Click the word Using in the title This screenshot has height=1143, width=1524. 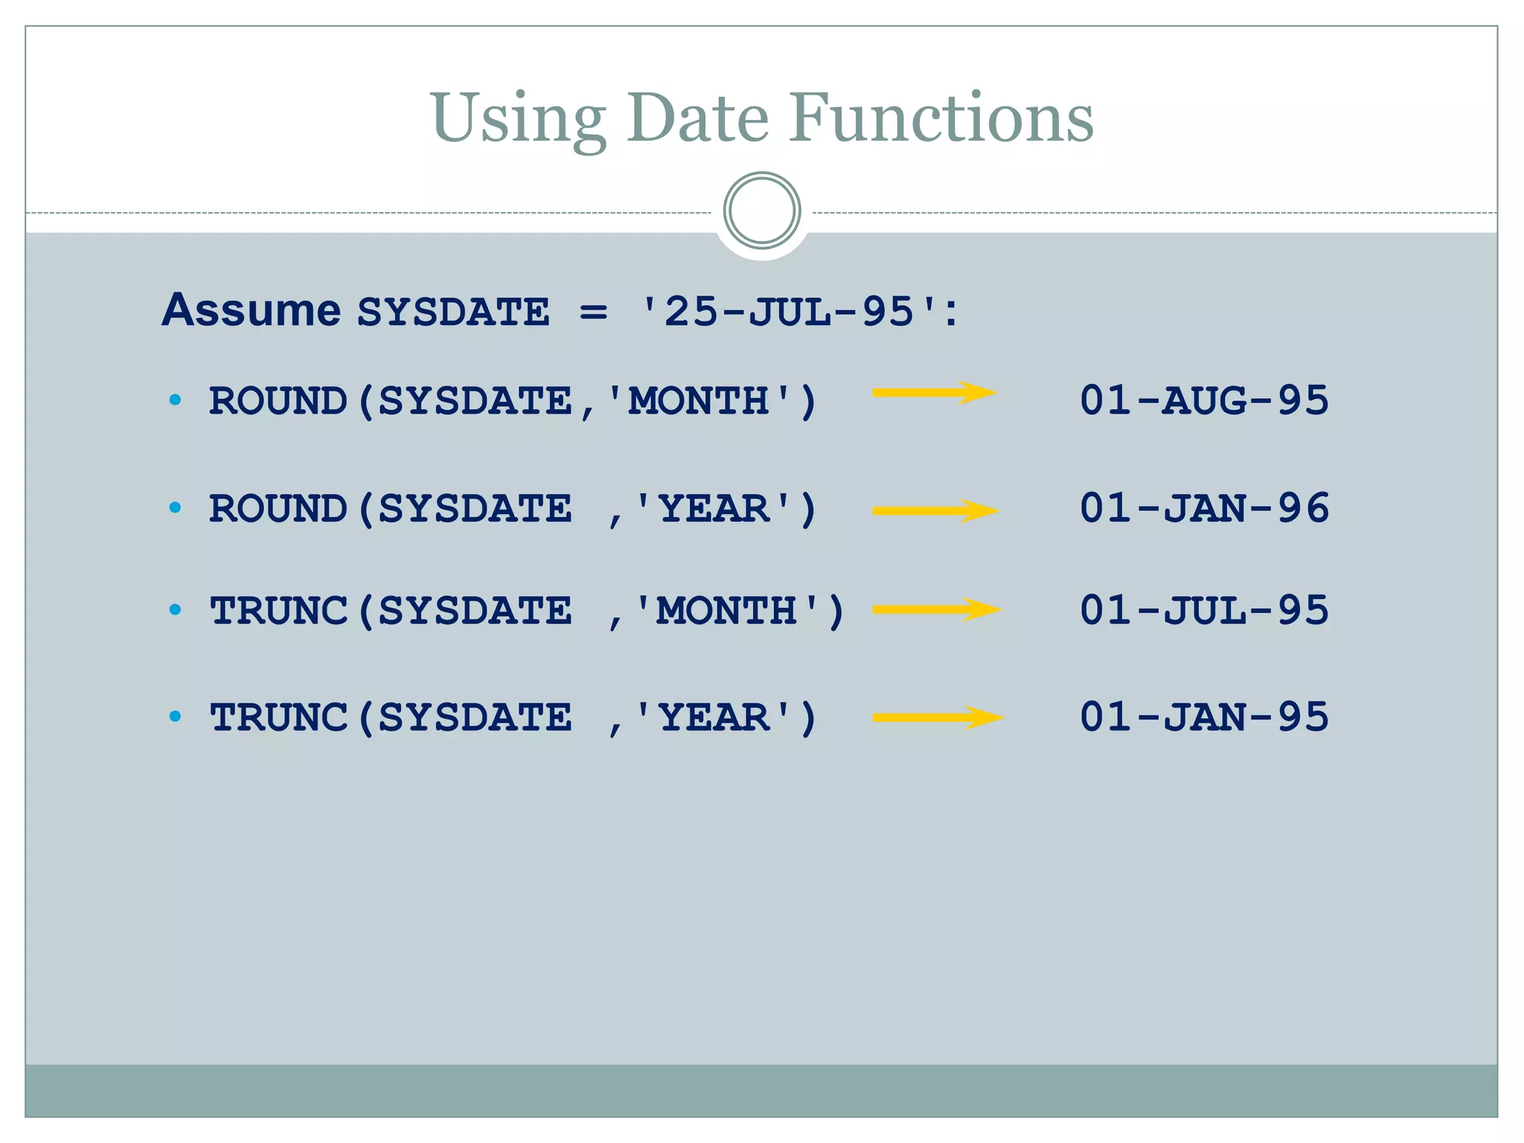[x=518, y=119]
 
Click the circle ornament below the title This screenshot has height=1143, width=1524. [x=762, y=211]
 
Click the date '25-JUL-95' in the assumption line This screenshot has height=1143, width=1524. [x=790, y=311]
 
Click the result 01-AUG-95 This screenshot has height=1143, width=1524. [x=1204, y=400]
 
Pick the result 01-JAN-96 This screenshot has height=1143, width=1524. [x=1204, y=508]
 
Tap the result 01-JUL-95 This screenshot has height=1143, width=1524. [x=1204, y=610]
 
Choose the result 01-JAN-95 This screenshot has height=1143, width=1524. [x=1204, y=717]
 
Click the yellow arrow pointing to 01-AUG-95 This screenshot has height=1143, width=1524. [x=935, y=392]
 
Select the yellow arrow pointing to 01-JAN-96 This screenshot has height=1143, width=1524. [x=935, y=510]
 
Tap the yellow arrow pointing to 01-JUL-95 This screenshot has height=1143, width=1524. [x=937, y=609]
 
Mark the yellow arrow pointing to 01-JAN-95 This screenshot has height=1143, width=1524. [x=938, y=717]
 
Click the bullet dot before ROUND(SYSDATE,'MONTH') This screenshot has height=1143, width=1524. [x=176, y=400]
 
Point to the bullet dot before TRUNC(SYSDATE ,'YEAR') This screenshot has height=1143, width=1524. [x=176, y=717]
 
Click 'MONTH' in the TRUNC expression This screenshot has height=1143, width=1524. [x=727, y=612]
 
